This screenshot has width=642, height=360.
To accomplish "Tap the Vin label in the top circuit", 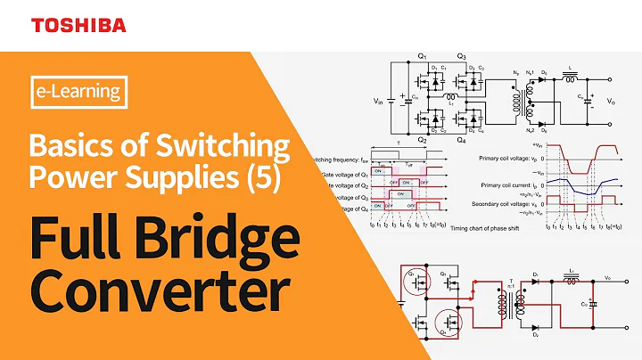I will coord(383,101).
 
